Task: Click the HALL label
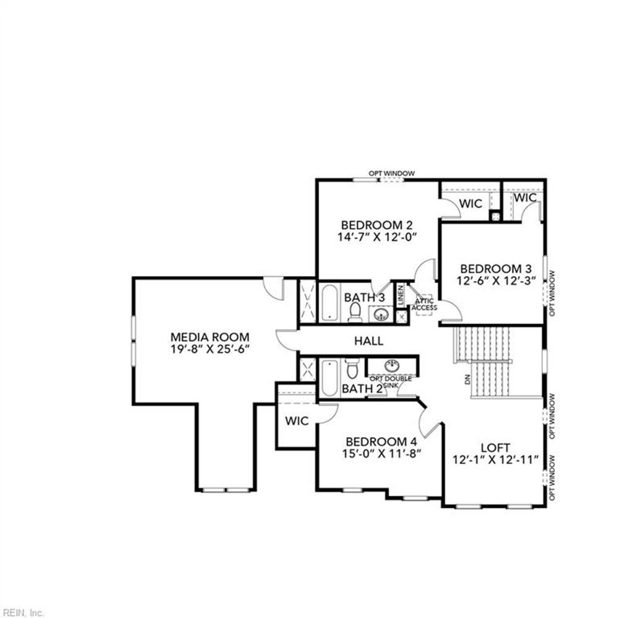point(368,341)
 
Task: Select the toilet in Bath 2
point(352,370)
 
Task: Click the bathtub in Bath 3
point(329,302)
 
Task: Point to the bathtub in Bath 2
point(329,378)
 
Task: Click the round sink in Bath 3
point(379,315)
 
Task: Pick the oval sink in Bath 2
point(392,365)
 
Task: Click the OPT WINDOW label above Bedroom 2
point(391,173)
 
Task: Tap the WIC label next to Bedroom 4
point(297,421)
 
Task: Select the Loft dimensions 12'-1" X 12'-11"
point(495,460)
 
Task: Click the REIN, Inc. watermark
point(22,613)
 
